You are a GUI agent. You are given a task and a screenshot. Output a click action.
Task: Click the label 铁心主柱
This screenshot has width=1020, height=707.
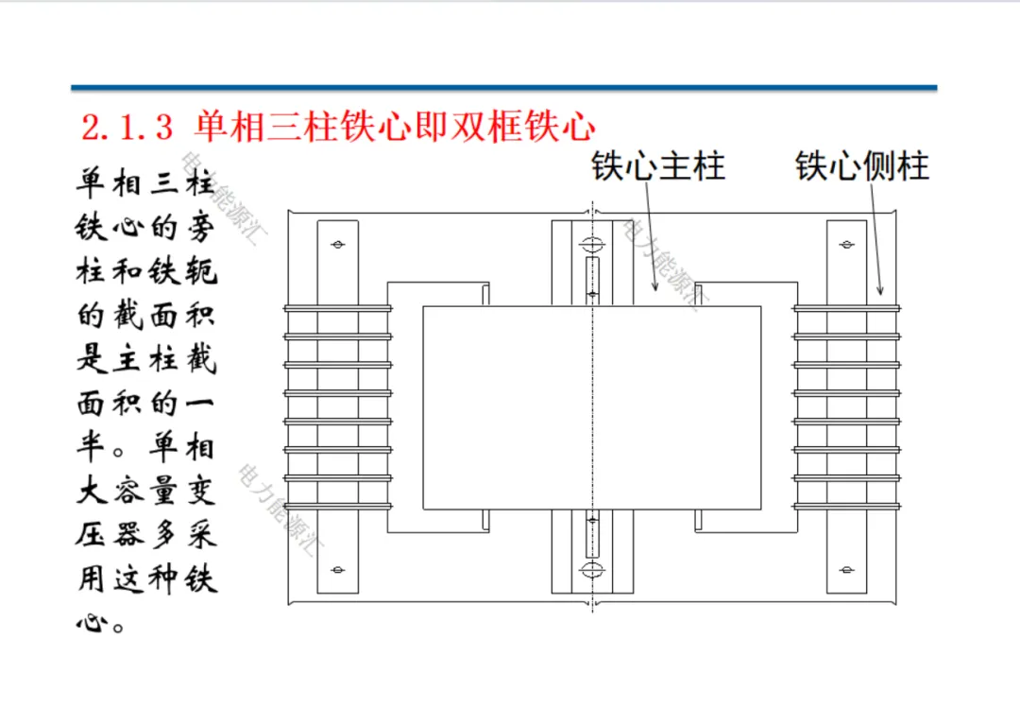click(x=658, y=166)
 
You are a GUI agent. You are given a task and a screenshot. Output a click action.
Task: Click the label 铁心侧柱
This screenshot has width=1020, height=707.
click(x=862, y=166)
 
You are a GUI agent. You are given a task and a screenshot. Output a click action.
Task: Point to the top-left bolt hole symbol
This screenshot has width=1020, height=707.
click(x=337, y=246)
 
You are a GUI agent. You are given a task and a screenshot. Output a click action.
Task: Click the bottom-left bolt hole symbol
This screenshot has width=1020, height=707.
click(x=337, y=571)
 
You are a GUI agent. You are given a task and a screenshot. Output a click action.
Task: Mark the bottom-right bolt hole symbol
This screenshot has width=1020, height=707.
click(x=847, y=571)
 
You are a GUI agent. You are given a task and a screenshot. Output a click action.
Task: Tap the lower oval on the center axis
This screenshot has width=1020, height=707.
click(x=591, y=569)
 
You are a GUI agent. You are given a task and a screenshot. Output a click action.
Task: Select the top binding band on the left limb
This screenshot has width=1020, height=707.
click(x=337, y=308)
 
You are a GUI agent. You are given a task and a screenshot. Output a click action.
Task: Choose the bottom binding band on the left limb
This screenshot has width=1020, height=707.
click(x=337, y=506)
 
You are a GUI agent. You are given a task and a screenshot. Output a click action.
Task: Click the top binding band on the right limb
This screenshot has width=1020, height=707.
click(x=847, y=308)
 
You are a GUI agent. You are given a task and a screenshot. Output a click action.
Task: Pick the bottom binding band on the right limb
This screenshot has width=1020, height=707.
click(x=847, y=506)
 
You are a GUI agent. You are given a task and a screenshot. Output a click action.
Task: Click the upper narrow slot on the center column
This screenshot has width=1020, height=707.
click(x=591, y=279)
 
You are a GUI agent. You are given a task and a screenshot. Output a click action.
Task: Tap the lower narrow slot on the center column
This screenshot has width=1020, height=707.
click(x=591, y=535)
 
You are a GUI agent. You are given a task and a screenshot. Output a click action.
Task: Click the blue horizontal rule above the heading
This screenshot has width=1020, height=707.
click(x=504, y=88)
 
